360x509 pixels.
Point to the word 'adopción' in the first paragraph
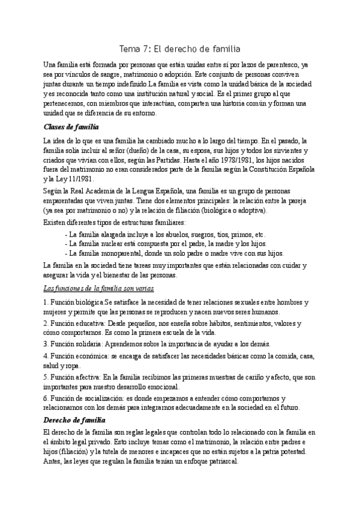pyautogui.click(x=191, y=74)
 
